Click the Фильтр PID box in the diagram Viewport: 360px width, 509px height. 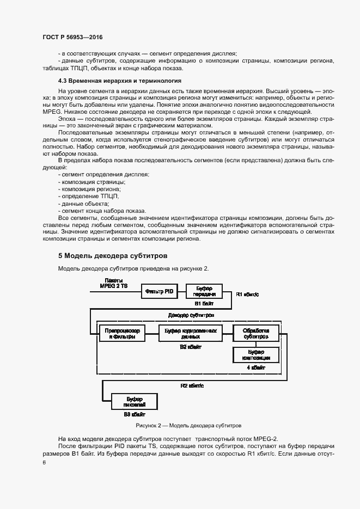pos(160,292)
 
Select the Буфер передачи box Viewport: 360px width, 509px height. pos(204,291)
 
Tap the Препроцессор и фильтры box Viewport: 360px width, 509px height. pos(121,334)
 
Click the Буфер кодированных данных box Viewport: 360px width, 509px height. pos(191,334)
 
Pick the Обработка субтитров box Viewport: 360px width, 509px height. pos(256,334)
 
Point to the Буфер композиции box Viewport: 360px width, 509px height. pos(256,355)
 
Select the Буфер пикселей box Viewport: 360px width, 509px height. pos(134,402)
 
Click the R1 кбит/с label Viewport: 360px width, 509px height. pos(248,294)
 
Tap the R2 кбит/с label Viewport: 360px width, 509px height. pos(192,385)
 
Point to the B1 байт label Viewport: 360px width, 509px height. pos(205,303)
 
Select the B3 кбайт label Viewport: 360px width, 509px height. pos(134,414)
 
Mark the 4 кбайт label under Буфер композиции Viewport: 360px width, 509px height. pos(256,368)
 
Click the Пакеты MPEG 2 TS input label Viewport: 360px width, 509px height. pos(113,283)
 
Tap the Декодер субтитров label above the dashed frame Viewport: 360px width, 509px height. pos(191,315)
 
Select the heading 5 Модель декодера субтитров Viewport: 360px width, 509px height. pos(113,255)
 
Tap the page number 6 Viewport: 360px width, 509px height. pos(44,462)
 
